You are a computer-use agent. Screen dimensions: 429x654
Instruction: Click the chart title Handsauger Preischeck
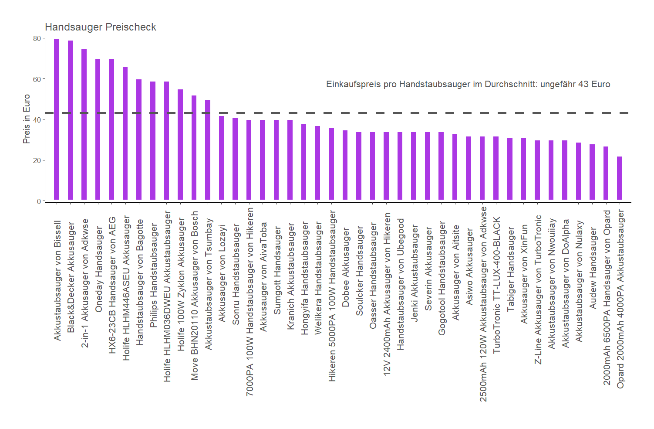tap(100, 27)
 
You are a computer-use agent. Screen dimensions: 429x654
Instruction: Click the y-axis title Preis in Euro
tap(27, 119)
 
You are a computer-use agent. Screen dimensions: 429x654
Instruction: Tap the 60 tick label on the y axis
tap(37, 79)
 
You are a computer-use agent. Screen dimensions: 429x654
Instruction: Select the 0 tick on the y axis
tap(39, 201)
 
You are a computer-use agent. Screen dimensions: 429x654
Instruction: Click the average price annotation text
tap(468, 84)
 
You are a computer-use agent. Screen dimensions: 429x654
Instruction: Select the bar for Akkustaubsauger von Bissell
tap(57, 119)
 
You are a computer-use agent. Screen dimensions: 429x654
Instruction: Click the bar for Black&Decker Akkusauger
tap(71, 120)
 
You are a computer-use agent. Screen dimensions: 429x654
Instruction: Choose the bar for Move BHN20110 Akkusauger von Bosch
tap(194, 147)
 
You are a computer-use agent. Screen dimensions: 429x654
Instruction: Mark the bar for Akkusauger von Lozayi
tap(222, 158)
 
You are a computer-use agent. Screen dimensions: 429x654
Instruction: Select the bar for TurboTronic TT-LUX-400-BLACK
tap(496, 168)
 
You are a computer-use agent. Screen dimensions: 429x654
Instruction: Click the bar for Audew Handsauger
tap(592, 172)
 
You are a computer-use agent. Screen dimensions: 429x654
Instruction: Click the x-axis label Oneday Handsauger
tap(98, 269)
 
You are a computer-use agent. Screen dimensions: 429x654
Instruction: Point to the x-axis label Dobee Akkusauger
tap(346, 267)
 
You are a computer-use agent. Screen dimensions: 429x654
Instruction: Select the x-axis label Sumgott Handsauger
tap(277, 271)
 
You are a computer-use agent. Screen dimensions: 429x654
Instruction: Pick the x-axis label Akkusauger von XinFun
tap(524, 274)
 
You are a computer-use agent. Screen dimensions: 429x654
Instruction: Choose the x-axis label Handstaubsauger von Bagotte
tap(139, 283)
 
